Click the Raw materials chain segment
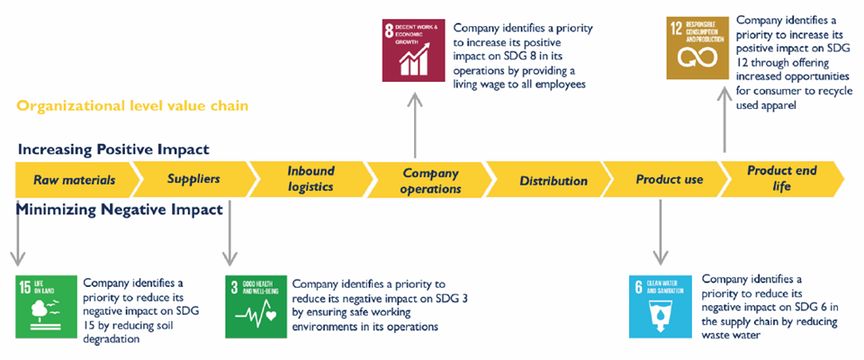[75, 180]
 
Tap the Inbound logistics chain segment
[310, 179]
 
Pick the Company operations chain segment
[430, 180]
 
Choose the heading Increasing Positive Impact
[113, 148]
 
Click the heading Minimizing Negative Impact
[120, 211]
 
